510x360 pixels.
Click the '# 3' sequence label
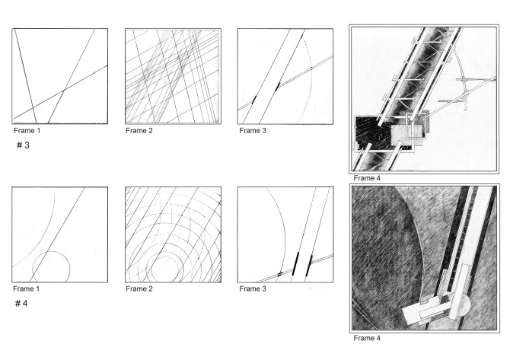24,145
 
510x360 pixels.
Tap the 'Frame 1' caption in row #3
27,130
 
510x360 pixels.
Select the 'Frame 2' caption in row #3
141,130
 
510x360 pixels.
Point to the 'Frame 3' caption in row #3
254,130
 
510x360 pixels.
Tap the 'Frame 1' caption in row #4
27,288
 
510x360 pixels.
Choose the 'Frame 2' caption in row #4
141,288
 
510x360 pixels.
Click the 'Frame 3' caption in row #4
254,288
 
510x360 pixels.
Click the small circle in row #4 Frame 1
51,266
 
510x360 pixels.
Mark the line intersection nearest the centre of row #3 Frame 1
64,91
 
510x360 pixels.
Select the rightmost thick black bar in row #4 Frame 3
309,264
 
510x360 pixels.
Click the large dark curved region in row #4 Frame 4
388,244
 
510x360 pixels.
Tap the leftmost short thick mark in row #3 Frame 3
253,100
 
